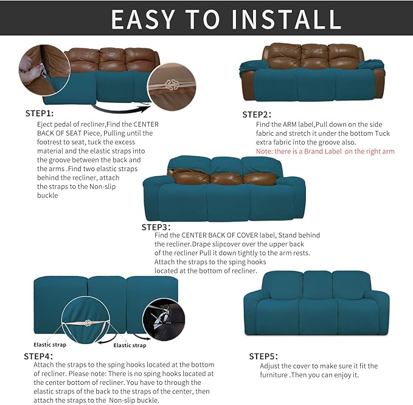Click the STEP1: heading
40,113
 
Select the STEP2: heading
257,114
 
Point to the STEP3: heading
156,227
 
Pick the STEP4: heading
38,356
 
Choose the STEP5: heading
263,356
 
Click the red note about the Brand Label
325,151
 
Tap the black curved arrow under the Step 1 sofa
122,110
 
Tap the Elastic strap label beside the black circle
130,345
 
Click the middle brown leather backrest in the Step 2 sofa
314,56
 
